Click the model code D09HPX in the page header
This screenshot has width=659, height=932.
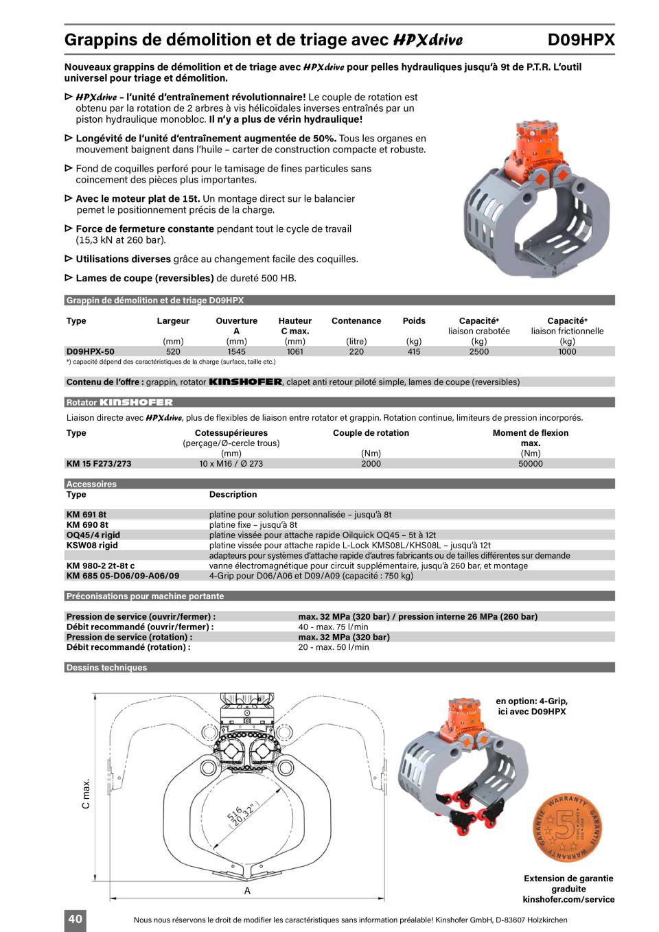[581, 40]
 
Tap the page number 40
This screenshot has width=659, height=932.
[76, 919]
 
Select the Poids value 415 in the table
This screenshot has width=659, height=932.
[413, 351]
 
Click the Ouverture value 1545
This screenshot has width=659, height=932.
[236, 351]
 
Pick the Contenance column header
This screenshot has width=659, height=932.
[356, 321]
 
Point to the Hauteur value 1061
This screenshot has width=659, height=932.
[294, 351]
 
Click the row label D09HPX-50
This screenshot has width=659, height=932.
[91, 351]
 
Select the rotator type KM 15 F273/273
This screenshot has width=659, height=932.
[99, 463]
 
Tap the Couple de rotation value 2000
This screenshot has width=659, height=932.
[371, 463]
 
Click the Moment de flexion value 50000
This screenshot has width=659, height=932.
[530, 463]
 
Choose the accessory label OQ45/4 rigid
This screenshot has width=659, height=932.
[93, 535]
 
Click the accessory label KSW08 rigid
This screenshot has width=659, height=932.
[92, 545]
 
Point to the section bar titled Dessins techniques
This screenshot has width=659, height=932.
[106, 667]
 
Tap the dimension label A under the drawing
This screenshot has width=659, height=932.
[247, 891]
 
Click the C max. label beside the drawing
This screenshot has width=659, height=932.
[86, 793]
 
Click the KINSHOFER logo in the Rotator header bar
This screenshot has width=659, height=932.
[136, 402]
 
